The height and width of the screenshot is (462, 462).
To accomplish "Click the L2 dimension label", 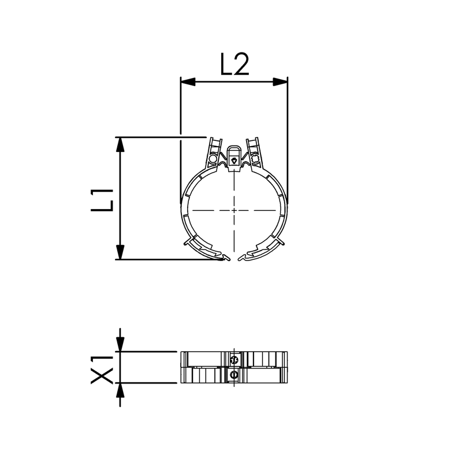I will tap(234, 65).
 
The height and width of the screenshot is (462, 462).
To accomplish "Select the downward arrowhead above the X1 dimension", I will tap(120, 344).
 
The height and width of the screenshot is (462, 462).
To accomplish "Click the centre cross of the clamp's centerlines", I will tap(234, 210).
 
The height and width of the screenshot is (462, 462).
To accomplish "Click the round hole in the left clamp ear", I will tap(213, 157).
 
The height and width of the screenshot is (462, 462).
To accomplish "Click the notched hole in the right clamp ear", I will tap(254, 157).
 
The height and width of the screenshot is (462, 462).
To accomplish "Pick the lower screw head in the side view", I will tap(233, 375).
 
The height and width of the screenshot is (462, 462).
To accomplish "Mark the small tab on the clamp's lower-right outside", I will tap(280, 241).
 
